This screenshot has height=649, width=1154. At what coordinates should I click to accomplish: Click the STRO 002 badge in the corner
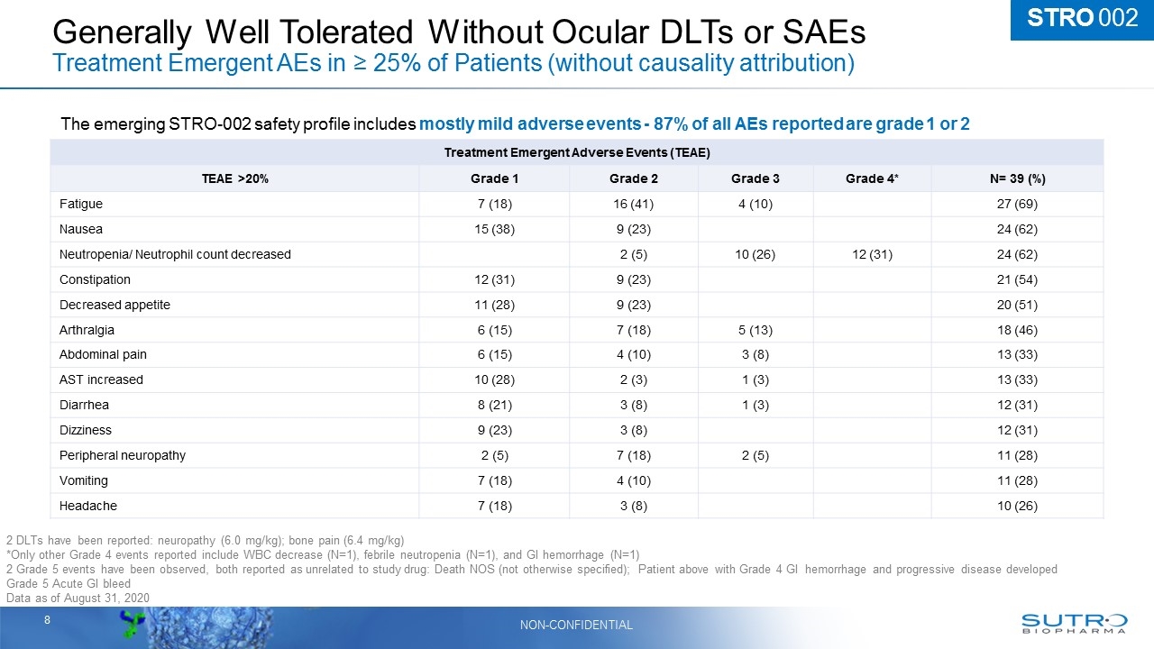pyautogui.click(x=1082, y=19)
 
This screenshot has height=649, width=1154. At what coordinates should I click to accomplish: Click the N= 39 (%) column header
pyautogui.click(x=1017, y=179)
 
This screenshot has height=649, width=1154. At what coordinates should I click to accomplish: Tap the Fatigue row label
pyautogui.click(x=81, y=205)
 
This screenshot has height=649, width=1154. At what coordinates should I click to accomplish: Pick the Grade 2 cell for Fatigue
pyautogui.click(x=634, y=205)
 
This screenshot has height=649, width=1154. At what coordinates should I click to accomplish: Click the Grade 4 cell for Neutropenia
pyautogui.click(x=871, y=254)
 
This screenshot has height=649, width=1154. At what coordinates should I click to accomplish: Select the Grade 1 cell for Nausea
pyautogui.click(x=493, y=229)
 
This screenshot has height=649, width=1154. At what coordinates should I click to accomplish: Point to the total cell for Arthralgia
pyautogui.click(x=1017, y=330)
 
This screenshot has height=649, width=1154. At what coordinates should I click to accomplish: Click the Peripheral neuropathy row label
pyautogui.click(x=123, y=455)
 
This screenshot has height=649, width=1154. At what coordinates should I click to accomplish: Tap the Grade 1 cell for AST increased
pyautogui.click(x=493, y=379)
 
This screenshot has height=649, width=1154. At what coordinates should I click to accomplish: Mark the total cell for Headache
pyautogui.click(x=1017, y=506)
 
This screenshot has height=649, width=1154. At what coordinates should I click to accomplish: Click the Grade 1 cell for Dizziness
pyautogui.click(x=493, y=430)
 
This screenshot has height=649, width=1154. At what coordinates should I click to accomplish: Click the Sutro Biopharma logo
pyautogui.click(x=1074, y=624)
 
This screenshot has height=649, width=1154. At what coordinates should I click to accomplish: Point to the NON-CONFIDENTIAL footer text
pyautogui.click(x=576, y=625)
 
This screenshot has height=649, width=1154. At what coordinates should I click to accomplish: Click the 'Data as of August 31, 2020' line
pyautogui.click(x=77, y=599)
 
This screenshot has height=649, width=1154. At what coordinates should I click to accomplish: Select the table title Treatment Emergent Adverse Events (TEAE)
pyautogui.click(x=577, y=153)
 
